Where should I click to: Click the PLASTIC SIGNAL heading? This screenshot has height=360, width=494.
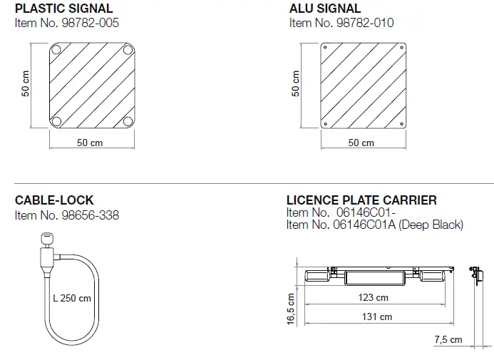click(63, 9)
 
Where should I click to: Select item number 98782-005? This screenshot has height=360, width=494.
click(67, 23)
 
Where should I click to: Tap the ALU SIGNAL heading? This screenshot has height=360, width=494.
click(325, 9)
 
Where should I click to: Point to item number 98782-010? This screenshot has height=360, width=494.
click(341, 23)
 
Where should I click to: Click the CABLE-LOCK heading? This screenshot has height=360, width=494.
click(54, 200)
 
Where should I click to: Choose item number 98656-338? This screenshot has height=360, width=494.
click(67, 214)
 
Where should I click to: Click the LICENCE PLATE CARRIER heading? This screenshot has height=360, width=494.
click(361, 200)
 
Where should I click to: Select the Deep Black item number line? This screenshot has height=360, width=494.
click(374, 225)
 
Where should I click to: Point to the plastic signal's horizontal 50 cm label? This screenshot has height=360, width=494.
click(90, 143)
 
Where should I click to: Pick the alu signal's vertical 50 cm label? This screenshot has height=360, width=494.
click(296, 83)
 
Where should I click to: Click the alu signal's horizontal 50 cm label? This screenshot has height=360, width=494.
click(361, 143)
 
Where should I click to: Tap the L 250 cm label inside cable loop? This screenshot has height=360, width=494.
click(72, 297)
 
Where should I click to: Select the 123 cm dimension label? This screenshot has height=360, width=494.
click(374, 297)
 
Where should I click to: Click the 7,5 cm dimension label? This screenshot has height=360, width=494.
click(448, 340)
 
